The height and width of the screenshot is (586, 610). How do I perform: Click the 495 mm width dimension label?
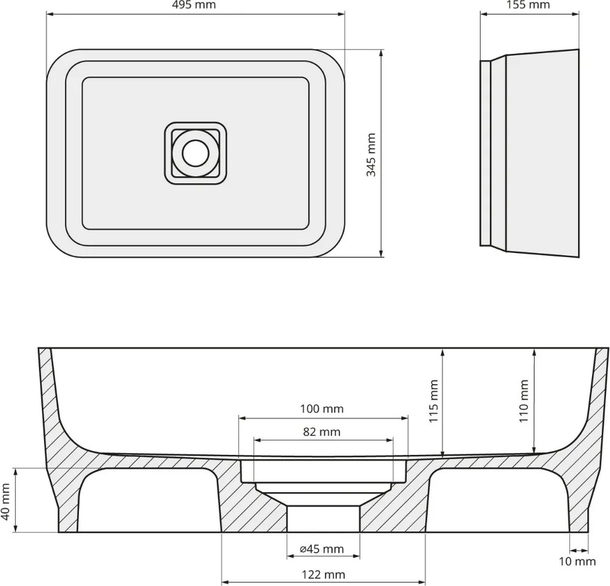(x=196, y=5)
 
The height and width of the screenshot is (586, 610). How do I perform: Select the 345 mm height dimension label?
(x=371, y=154)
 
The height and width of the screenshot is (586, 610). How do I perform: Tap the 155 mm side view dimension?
(x=529, y=5)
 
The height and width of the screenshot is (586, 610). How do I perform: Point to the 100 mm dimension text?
(x=322, y=409)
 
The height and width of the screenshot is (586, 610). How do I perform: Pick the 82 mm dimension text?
(x=322, y=432)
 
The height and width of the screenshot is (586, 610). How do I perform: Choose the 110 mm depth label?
(x=524, y=401)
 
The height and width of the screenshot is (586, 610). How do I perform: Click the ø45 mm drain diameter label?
(x=322, y=548)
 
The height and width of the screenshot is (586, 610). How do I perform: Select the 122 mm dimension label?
(x=323, y=575)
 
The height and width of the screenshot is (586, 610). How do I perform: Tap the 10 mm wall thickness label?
(x=578, y=561)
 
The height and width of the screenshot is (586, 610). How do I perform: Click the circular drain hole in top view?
(x=196, y=153)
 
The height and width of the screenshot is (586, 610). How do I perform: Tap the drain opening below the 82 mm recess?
(x=323, y=518)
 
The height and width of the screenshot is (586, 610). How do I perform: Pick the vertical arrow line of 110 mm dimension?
(x=534, y=401)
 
